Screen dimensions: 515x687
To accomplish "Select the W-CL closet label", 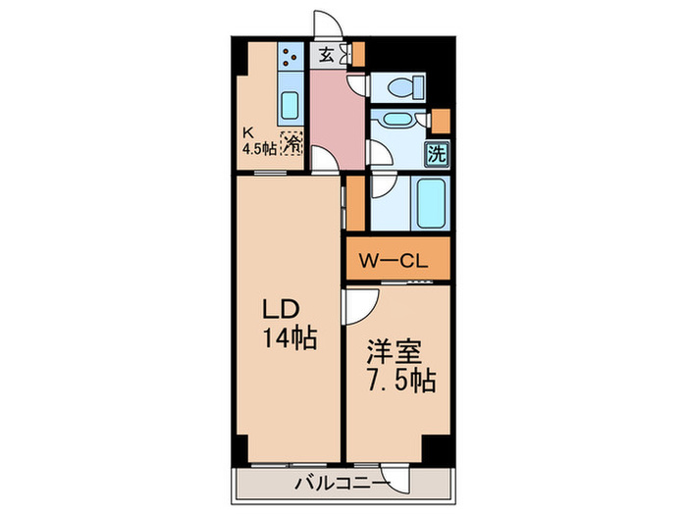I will click(x=392, y=262).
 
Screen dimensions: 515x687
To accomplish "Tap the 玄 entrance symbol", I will click(x=324, y=55).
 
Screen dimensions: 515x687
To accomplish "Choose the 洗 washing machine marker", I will click(x=437, y=153).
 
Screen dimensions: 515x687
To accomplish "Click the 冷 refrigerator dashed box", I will click(x=291, y=145).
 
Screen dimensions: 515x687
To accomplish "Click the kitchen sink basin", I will click(x=291, y=105).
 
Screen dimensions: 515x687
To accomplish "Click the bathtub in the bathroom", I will click(x=430, y=203).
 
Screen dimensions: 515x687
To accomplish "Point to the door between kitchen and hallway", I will click(x=320, y=157).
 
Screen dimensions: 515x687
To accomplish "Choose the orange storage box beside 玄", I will click(x=358, y=54).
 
